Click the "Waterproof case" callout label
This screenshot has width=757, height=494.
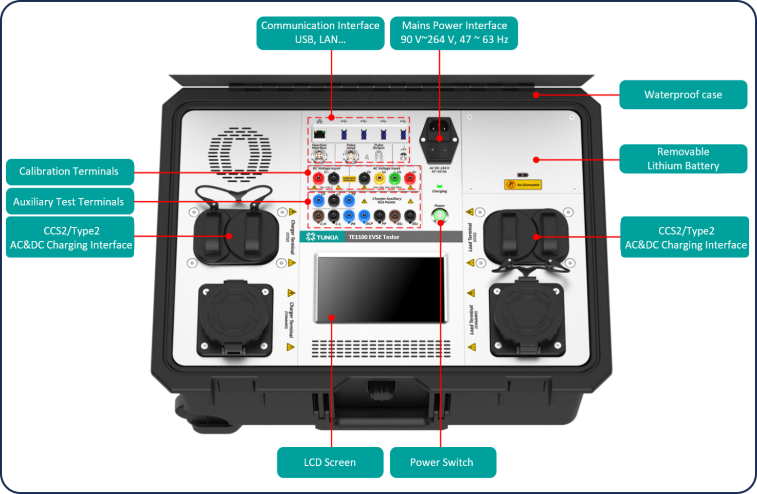(683, 94)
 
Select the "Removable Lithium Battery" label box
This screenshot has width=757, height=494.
(683, 159)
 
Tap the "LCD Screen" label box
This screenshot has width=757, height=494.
(330, 462)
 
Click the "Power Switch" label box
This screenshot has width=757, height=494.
(442, 462)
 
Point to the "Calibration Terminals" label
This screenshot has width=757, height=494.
(69, 172)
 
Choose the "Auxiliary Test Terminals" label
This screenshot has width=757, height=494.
(69, 202)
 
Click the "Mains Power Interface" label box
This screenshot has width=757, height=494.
(454, 33)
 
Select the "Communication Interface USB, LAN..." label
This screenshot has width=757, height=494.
(320, 33)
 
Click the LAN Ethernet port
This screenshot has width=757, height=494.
(319, 135)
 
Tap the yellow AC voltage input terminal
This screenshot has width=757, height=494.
(379, 178)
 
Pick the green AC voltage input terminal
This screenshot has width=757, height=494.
(394, 178)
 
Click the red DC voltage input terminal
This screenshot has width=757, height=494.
(318, 178)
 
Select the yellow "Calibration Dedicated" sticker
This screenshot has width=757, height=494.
(349, 179)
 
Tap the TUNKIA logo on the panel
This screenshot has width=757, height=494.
(322, 237)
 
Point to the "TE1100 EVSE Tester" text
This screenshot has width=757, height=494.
(374, 237)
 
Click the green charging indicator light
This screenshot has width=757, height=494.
(439, 186)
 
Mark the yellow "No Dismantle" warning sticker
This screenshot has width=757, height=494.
(523, 184)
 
